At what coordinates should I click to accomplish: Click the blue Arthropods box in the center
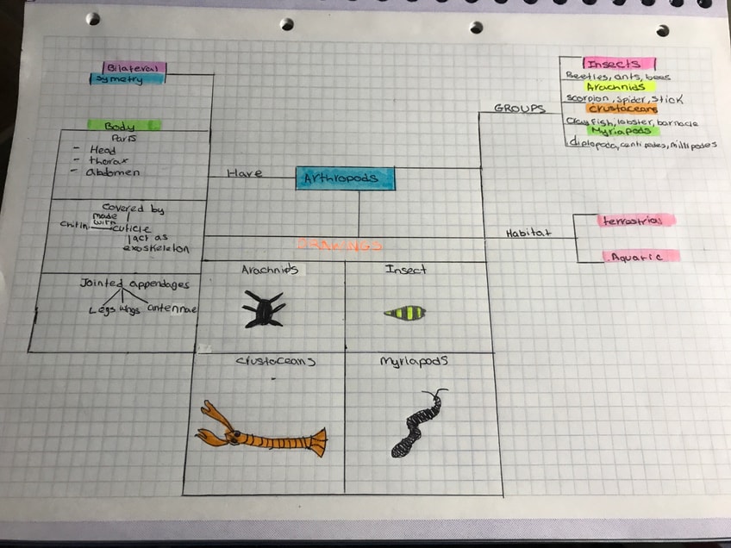point(345,178)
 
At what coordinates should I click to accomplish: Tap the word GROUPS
point(519,109)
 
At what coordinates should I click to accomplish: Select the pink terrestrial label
point(636,221)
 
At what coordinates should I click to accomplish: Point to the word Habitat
point(528,234)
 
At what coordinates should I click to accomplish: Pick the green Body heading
point(123,126)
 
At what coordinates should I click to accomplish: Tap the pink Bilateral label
point(134,67)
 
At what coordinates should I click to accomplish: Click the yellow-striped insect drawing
point(404,312)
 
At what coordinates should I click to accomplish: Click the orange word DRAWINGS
point(339,246)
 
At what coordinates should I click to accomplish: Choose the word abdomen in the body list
point(113,171)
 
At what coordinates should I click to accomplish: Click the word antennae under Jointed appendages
point(172,308)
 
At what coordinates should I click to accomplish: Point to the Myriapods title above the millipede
point(414,363)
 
